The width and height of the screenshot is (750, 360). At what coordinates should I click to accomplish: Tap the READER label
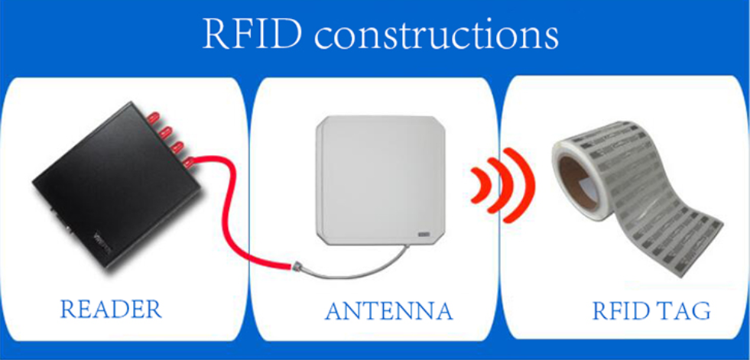[x=111, y=310]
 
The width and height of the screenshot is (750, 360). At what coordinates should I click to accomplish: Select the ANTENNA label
[x=388, y=312]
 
